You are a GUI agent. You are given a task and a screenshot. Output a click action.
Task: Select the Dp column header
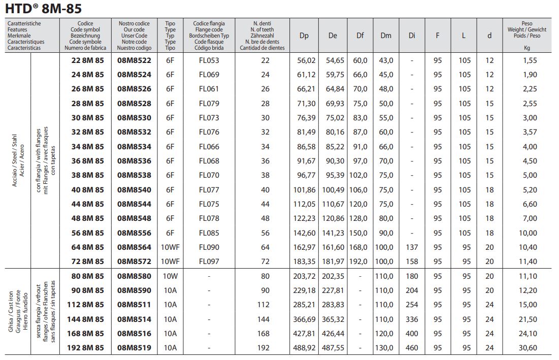pyautogui.click(x=304, y=36)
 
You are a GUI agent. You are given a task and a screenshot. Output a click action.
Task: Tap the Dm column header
pyautogui.click(x=386, y=36)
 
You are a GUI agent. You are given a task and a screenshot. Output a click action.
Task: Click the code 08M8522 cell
pyautogui.click(x=134, y=60)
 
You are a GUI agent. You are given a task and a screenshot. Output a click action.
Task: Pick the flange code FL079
pyautogui.click(x=209, y=104)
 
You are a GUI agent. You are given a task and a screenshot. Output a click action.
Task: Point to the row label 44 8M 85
pyautogui.click(x=85, y=204)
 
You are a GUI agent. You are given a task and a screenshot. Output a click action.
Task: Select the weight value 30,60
pyautogui.click(x=527, y=348)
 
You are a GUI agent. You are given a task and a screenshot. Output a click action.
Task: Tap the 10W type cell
pyautogui.click(x=170, y=276)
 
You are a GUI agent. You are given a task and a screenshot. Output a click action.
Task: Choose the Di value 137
pyautogui.click(x=412, y=247)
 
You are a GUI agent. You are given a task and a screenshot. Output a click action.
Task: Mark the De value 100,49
pyautogui.click(x=333, y=190)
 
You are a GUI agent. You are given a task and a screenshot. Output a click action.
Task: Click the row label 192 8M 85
pyautogui.click(x=85, y=348)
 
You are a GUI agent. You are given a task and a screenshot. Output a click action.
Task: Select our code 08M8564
pyautogui.click(x=134, y=247)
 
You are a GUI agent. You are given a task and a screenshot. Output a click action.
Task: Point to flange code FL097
pyautogui.click(x=209, y=261)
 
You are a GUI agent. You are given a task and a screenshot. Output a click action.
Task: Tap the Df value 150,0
pyautogui.click(x=360, y=233)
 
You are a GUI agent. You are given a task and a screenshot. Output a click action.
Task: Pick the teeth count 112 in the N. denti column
pyautogui.click(x=265, y=305)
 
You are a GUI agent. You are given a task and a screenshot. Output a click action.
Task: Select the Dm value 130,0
pyautogui.click(x=386, y=348)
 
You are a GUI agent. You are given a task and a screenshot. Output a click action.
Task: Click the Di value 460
pyautogui.click(x=412, y=348)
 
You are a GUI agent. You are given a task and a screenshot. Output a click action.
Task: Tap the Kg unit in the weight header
pyautogui.click(x=527, y=48)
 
